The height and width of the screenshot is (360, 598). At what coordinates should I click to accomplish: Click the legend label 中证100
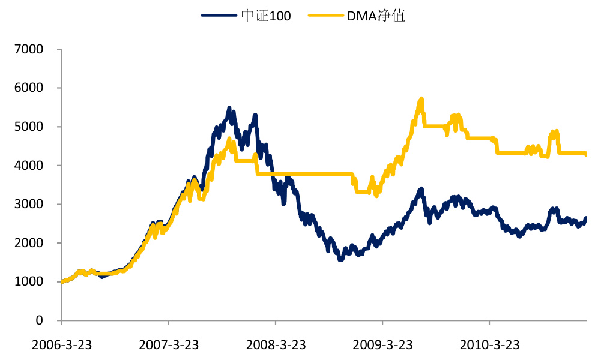pyautogui.click(x=266, y=16)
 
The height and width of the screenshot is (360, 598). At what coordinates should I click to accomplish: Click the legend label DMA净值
pyautogui.click(x=376, y=16)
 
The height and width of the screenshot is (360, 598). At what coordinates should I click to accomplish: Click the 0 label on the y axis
pyautogui.click(x=40, y=320)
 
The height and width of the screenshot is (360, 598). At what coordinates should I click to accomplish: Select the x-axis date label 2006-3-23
pyautogui.click(x=61, y=346)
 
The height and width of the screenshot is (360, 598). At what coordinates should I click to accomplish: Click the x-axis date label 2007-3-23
pyautogui.click(x=168, y=346)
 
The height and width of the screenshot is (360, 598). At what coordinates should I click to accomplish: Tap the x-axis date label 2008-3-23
pyautogui.click(x=275, y=346)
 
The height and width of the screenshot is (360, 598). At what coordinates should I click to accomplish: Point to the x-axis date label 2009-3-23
pyautogui.click(x=382, y=346)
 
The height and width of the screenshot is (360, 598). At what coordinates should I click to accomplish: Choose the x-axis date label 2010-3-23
pyautogui.click(x=489, y=346)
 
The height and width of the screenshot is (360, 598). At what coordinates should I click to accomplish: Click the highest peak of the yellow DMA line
pyautogui.click(x=421, y=99)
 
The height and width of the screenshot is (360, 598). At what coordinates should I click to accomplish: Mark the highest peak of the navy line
pyautogui.click(x=229, y=108)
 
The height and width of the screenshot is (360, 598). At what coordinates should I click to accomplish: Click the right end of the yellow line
pyautogui.click(x=586, y=155)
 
